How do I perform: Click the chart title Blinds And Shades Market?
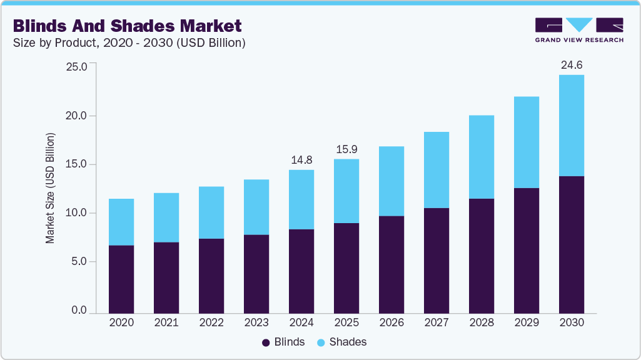tap(127, 26)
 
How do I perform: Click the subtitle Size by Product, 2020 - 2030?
tap(129, 43)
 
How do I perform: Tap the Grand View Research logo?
tap(579, 29)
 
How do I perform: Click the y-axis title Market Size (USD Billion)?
tap(50, 187)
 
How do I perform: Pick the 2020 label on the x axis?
tap(121, 323)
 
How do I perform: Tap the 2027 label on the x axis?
tap(437, 323)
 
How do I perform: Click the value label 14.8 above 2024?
tap(301, 160)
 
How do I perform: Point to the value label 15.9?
tap(346, 150)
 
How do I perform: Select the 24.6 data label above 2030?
tap(572, 65)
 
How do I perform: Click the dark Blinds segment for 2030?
tap(572, 244)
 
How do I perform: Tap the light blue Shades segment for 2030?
tap(572, 125)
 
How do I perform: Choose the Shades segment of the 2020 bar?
tap(121, 222)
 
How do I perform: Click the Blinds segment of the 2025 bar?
tap(346, 267)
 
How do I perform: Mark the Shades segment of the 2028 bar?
tap(482, 156)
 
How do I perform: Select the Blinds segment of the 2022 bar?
tap(211, 275)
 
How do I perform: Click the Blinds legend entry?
tap(283, 342)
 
